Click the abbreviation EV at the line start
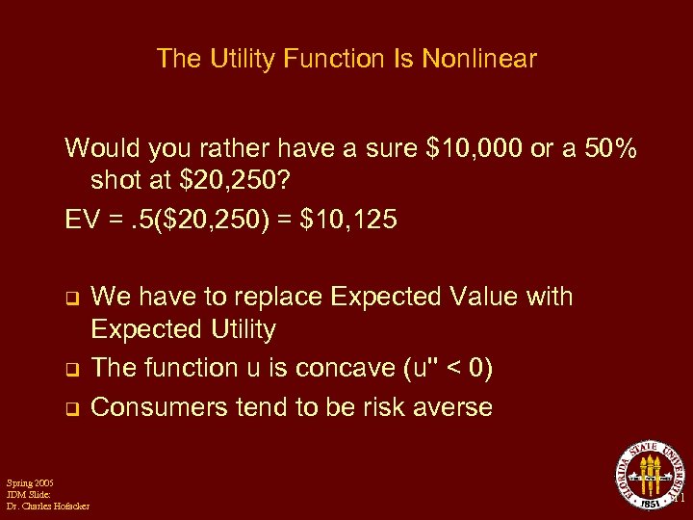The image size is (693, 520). (81, 221)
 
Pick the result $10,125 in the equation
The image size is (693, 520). (348, 221)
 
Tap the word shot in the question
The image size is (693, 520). (117, 180)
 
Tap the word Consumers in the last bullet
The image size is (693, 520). (158, 407)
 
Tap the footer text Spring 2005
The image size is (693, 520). (30, 481)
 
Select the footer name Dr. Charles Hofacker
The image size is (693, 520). (47, 507)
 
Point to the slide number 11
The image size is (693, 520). (677, 500)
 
